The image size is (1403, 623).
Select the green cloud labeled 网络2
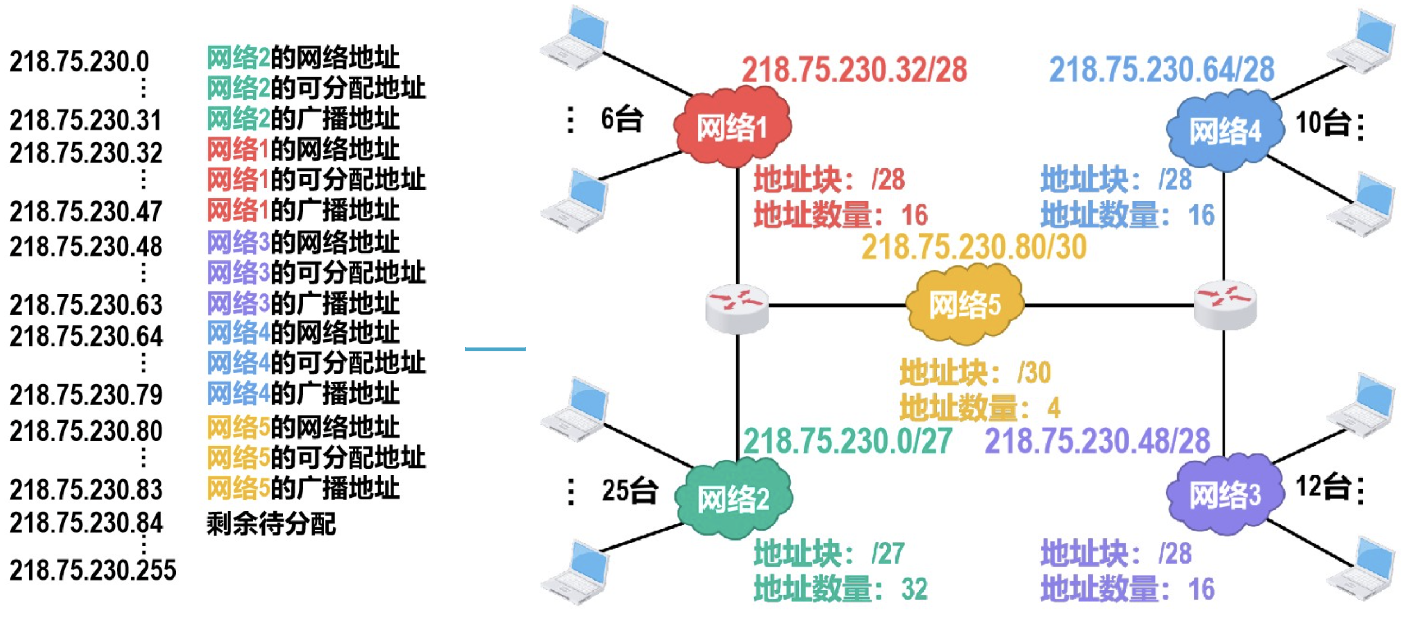(x=733, y=498)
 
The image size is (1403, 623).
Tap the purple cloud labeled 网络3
(x=1224, y=494)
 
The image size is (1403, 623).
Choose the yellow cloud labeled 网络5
(x=964, y=304)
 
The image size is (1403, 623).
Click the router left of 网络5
(x=736, y=308)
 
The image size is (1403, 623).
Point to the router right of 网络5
(x=1225, y=305)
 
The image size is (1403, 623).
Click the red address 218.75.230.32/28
(x=854, y=70)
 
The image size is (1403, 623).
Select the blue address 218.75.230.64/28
(x=1161, y=70)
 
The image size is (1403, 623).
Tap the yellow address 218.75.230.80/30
(x=974, y=247)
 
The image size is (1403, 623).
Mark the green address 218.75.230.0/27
(x=848, y=441)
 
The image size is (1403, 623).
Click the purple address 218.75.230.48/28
(x=1097, y=441)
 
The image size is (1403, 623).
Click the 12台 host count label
(x=1323, y=486)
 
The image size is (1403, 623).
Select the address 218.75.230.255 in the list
(x=92, y=570)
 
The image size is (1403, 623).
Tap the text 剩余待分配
(x=271, y=524)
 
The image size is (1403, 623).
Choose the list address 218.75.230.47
(x=86, y=212)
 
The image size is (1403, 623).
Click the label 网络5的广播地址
(x=303, y=487)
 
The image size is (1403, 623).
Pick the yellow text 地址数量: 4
(x=980, y=408)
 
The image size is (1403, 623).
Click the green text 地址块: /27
(x=829, y=554)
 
